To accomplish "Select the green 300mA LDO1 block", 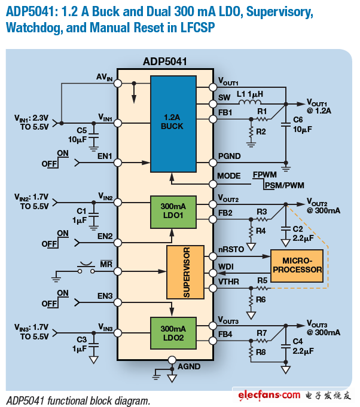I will (173, 212).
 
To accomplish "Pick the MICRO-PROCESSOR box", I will (296, 266).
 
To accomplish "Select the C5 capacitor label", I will (83, 130).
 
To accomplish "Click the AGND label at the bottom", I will (189, 366).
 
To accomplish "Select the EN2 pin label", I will (105, 236).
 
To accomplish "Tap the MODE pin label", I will (229, 176).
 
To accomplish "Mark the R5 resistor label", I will (262, 280).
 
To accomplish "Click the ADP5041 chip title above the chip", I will (165, 62).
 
